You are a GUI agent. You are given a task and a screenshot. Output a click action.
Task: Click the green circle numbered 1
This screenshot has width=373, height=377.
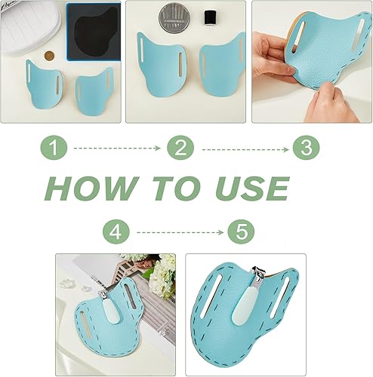tap(54, 148)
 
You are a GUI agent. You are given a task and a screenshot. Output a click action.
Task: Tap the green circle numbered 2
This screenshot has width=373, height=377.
tap(180, 148)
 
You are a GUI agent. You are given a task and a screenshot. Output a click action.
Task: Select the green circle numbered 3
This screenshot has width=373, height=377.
tap(307, 148)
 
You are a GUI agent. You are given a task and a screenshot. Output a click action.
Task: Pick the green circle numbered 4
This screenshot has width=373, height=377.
tap(116, 231)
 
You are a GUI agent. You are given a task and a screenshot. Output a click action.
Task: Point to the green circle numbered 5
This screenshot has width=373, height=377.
tap(241, 231)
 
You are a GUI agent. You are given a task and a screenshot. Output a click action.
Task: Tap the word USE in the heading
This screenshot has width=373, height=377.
tap(252, 188)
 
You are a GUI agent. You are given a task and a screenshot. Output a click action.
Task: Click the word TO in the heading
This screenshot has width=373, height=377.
tap(177, 188)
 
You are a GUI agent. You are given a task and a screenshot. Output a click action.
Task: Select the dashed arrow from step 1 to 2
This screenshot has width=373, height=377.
tap(117, 149)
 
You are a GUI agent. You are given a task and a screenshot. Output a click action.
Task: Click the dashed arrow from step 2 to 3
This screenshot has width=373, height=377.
tap(245, 149)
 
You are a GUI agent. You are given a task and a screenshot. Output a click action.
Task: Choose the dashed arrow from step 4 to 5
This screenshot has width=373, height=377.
tap(180, 232)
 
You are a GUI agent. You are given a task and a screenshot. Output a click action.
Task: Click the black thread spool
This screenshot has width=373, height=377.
tap(208, 17)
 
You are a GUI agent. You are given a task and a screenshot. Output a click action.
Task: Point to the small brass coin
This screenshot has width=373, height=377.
tap(49, 56)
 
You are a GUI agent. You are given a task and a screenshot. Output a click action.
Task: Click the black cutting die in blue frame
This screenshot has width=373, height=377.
tap(94, 32)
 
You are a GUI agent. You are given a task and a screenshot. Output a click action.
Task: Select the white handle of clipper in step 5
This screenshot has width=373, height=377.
tap(244, 306)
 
